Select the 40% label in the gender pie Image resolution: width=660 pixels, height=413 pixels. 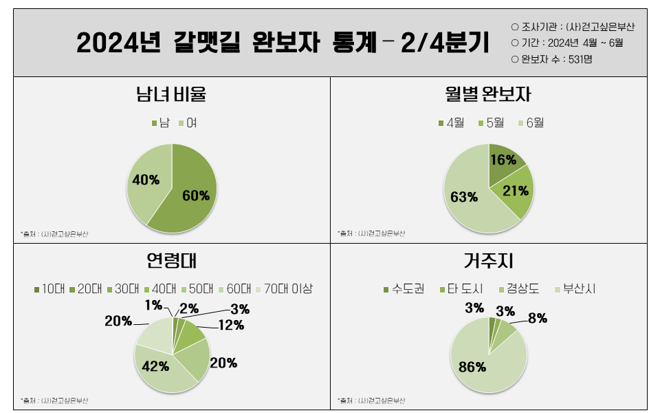click(146, 180)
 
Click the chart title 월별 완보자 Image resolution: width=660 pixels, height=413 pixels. click(488, 94)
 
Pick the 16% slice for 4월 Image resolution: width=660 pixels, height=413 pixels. click(503, 160)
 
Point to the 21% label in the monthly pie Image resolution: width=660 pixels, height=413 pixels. click(516, 191)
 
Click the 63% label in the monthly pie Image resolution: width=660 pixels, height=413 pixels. click(464, 198)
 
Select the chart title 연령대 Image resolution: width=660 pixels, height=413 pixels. click(172, 262)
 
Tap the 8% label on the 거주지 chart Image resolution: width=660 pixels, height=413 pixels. click(538, 318)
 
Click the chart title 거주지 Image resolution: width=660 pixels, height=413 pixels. click(488, 262)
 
